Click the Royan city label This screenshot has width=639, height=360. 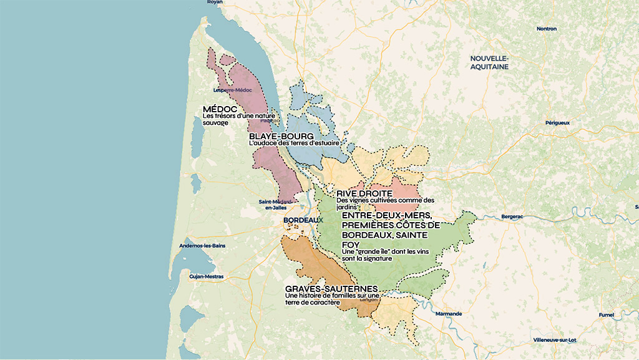tap(215, 2)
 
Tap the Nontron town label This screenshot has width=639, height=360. tap(546, 29)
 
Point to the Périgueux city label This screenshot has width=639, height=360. tap(557, 123)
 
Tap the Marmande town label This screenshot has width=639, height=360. tap(449, 313)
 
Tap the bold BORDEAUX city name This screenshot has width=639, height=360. tap(303, 220)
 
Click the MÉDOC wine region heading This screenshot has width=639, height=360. tap(220, 109)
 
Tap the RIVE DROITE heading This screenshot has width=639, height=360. tap(364, 193)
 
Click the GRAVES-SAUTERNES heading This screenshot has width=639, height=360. tap(331, 289)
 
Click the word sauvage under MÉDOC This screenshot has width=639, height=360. tap(216, 122)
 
